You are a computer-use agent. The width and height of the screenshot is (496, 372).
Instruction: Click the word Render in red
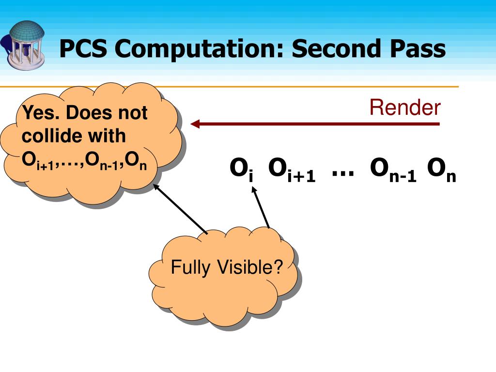coord(405,108)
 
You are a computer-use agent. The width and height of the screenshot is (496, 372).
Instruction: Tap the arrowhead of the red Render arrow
coord(195,124)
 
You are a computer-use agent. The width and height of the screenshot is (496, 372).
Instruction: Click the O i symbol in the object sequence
coord(241,170)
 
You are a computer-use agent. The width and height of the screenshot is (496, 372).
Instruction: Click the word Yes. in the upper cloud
coord(42,113)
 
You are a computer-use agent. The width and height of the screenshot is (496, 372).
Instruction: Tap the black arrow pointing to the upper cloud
coord(180,208)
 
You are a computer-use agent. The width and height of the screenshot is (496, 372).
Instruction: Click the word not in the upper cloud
coord(133,113)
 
